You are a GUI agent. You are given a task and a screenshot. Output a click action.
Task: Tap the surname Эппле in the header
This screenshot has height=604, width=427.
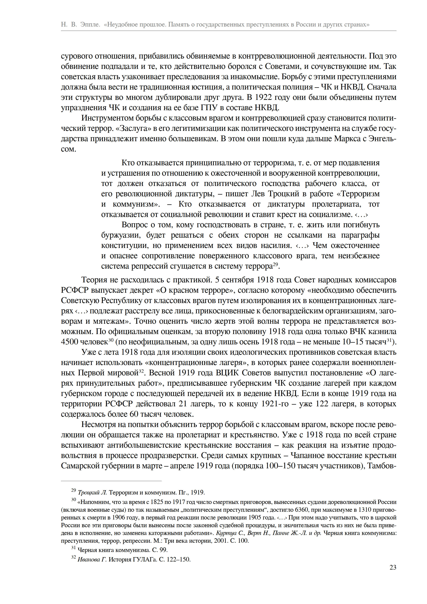[90, 24]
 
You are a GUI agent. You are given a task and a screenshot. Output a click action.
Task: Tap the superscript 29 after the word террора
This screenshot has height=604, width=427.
[275, 264]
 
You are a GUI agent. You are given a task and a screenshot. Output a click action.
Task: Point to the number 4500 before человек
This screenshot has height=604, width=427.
[69, 342]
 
